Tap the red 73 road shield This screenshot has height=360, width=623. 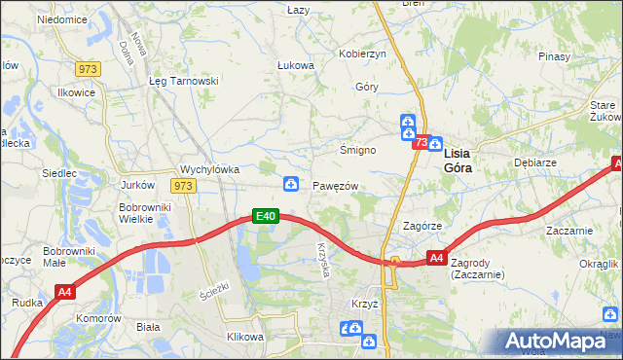(x=421, y=143)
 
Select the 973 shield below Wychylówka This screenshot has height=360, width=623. (x=183, y=185)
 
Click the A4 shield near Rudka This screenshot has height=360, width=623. (x=65, y=291)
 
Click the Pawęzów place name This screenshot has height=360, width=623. (x=336, y=186)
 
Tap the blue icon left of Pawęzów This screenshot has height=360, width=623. (x=290, y=184)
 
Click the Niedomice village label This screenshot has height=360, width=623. (x=61, y=19)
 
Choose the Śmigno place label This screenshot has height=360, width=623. (x=357, y=151)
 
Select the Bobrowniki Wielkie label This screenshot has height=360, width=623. (x=144, y=213)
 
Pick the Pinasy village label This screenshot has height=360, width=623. (x=553, y=56)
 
